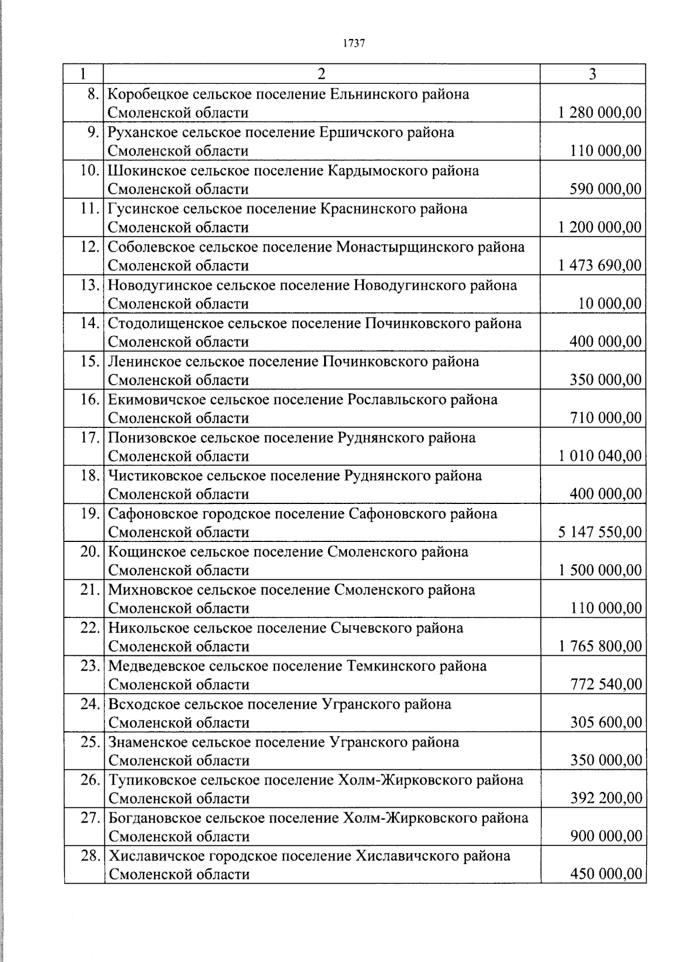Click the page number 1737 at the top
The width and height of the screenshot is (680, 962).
coord(354,43)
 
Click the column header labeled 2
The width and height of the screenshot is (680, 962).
coord(321,74)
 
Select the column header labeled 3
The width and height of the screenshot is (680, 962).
coord(592,74)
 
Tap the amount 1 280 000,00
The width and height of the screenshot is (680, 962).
coord(600,113)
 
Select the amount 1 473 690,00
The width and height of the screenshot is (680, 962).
coord(600,265)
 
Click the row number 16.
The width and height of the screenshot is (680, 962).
coord(90,399)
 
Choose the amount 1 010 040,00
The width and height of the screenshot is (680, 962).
coord(600,456)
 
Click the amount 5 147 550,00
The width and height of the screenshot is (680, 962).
coord(600,532)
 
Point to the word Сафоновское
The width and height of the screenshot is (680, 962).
coord(150,514)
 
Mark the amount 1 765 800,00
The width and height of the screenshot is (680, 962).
coord(600,646)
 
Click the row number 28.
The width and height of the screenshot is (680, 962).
coord(90,855)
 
